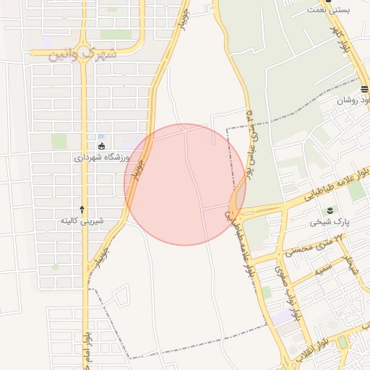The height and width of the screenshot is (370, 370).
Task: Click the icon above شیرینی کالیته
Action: point(82,208)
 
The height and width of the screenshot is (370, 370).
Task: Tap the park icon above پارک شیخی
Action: point(330,210)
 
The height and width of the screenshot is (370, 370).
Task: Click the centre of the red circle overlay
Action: point(185,184)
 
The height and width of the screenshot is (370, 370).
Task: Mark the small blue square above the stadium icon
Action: point(100,137)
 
